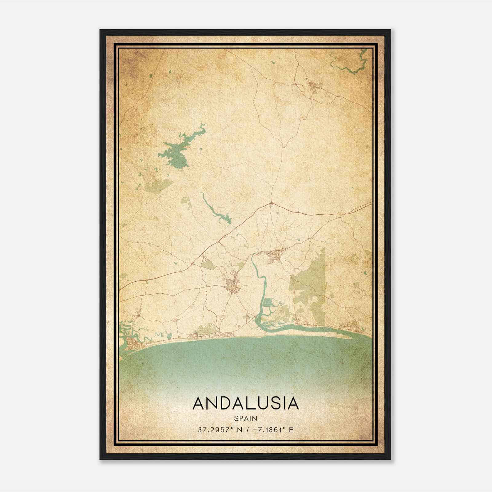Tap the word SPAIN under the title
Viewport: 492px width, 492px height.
pos(245,418)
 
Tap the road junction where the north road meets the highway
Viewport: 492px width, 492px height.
pos(271,203)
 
